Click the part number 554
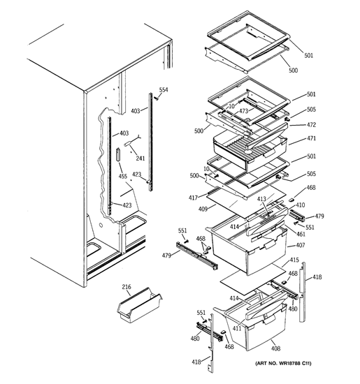[164, 90]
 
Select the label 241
[141, 158]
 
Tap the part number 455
[123, 176]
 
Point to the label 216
[127, 286]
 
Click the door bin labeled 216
[140, 305]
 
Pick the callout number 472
[311, 125]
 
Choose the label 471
[311, 138]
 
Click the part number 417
[193, 198]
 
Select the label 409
[203, 209]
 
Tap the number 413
[261, 199]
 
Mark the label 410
[300, 205]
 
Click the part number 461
[301, 234]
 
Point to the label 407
[300, 245]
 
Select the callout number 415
[294, 260]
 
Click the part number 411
[237, 328]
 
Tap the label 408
[275, 348]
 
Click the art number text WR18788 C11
[294, 363]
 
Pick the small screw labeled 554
[156, 98]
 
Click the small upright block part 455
[119, 154]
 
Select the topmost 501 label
[309, 56]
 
